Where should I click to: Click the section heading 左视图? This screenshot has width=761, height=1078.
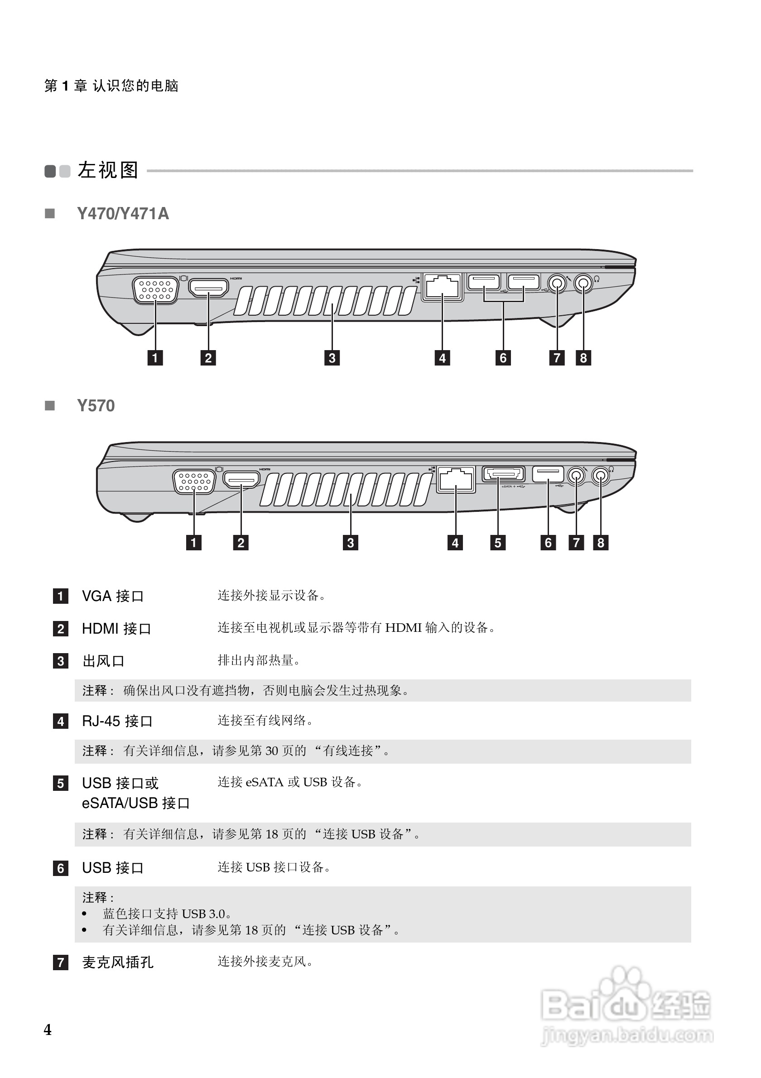(x=107, y=170)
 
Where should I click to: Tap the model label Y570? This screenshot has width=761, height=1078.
(x=96, y=406)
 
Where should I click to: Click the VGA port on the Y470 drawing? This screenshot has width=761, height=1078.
(x=155, y=290)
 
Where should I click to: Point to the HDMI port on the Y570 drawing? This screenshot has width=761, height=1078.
(x=241, y=479)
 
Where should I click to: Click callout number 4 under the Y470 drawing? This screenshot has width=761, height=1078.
(x=442, y=358)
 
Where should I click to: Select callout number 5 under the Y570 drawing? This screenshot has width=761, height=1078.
(x=498, y=543)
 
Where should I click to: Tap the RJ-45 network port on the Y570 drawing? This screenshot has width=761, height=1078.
(x=455, y=479)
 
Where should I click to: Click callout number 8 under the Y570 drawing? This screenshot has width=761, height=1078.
(x=601, y=543)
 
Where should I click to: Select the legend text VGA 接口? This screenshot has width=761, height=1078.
(x=112, y=596)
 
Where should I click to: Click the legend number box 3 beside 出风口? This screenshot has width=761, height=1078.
(x=61, y=661)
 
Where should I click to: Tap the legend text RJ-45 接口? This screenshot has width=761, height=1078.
(x=117, y=721)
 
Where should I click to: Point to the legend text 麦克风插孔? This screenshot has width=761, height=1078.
(x=117, y=962)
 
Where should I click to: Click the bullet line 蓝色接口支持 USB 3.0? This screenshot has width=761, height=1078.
(x=167, y=914)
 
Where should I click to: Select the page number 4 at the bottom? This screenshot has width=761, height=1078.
(x=48, y=1030)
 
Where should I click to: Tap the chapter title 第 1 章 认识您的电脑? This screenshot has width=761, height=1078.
(x=111, y=86)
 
